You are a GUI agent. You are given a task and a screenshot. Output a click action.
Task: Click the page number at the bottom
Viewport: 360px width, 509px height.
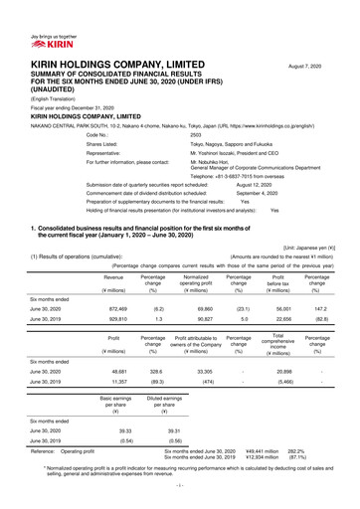point(179,499)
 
